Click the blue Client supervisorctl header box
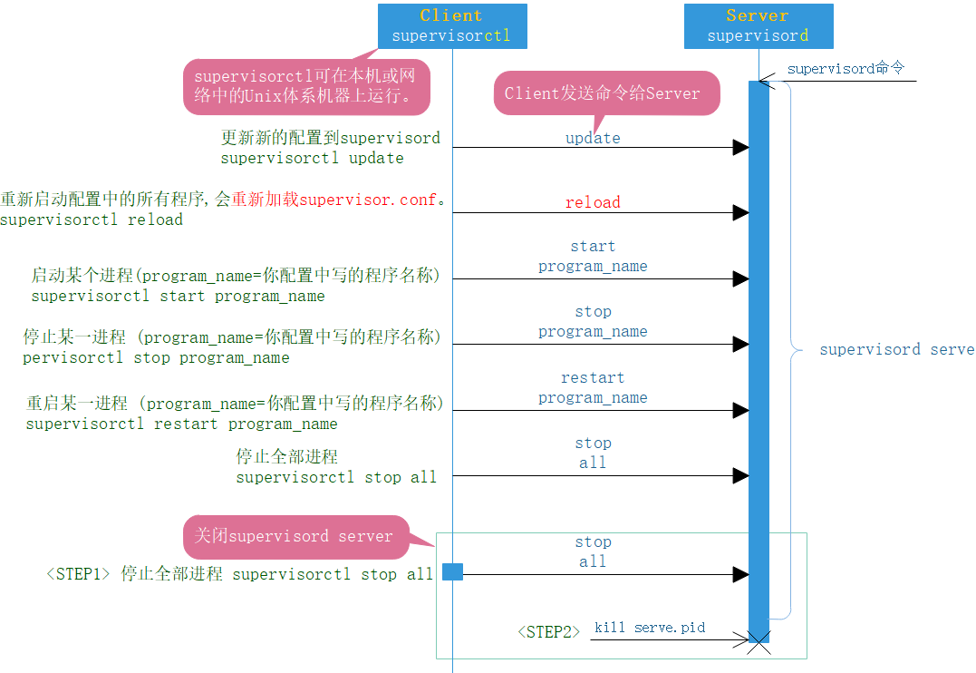[x=452, y=25]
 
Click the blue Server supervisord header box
[x=758, y=25]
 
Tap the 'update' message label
[x=593, y=138]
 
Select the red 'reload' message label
[x=593, y=202]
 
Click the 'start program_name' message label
[x=593, y=257]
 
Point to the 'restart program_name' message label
[x=593, y=387]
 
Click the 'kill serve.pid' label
[x=650, y=628]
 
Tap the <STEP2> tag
[x=548, y=632]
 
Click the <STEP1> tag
[x=78, y=574]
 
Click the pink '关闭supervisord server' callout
[x=294, y=536]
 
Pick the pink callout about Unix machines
[x=305, y=87]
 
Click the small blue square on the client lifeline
[x=452, y=571]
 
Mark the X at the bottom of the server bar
[x=759, y=640]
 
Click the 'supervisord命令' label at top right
[x=845, y=69]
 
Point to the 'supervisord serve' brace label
[x=896, y=349]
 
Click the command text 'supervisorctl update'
[x=312, y=158]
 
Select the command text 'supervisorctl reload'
[x=92, y=219]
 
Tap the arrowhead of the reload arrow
[x=740, y=212]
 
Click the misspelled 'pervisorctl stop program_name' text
[x=156, y=357]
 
